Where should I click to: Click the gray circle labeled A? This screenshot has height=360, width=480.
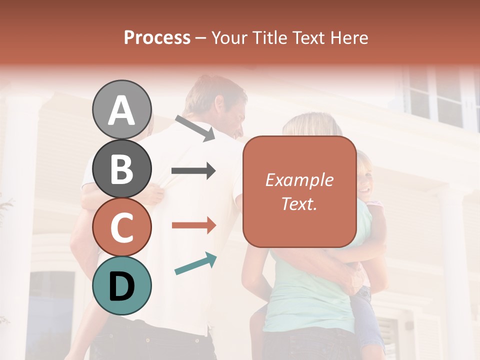[122, 109]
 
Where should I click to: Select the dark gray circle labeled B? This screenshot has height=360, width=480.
[122, 169]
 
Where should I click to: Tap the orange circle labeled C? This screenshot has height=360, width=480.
[122, 227]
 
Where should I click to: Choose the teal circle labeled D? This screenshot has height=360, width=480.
[122, 285]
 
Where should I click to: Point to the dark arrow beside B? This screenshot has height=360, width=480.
[193, 171]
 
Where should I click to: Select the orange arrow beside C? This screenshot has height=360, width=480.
[194, 225]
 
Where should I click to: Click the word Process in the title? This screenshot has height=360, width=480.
[157, 37]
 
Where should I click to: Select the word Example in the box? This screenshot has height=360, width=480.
[299, 180]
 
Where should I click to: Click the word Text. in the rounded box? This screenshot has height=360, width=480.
[299, 203]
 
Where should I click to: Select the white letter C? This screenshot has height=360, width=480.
[122, 228]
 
